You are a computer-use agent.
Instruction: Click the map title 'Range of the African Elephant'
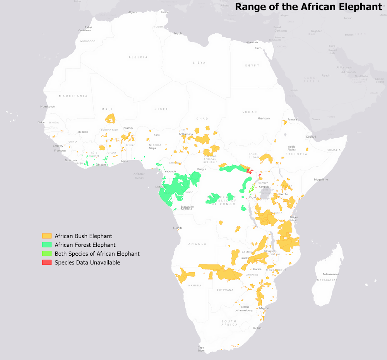[x=308, y=7]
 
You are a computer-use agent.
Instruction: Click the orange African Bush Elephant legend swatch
[x=47, y=236]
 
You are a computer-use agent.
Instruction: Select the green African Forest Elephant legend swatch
[x=47, y=245]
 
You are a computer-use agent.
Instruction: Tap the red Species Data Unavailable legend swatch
[x=47, y=263]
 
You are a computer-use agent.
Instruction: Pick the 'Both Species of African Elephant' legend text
[x=97, y=254]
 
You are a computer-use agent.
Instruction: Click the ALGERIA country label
[x=138, y=57]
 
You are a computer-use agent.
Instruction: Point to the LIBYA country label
[x=199, y=63]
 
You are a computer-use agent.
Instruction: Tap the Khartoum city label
[x=264, y=118]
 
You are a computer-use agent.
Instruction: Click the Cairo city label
[x=258, y=48]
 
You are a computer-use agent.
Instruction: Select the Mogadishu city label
[x=321, y=179]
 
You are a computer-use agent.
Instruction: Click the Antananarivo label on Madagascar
[x=328, y=274]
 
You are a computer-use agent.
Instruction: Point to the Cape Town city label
[x=201, y=349]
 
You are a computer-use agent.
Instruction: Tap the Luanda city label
[x=178, y=228]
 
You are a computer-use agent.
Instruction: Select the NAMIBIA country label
[x=195, y=285]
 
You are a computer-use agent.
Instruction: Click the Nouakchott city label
[x=48, y=106]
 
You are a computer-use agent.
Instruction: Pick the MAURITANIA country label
[x=73, y=96]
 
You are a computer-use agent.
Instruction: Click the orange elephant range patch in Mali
[x=110, y=118]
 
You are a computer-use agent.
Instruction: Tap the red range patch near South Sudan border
[x=248, y=170]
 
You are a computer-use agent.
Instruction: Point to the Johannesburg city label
[x=244, y=310]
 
